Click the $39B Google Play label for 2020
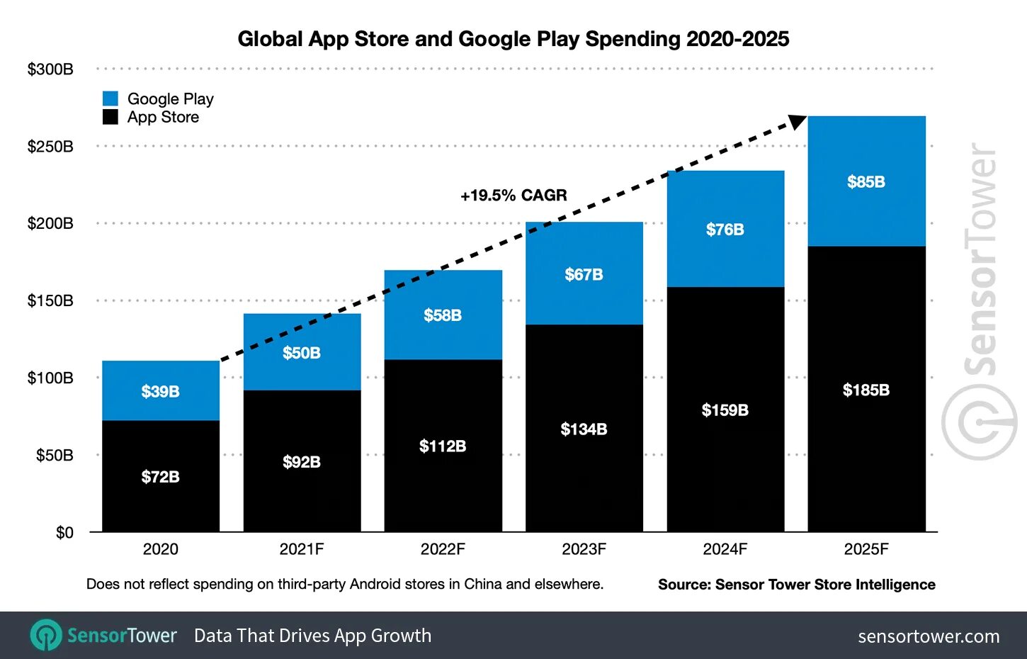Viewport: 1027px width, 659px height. click(160, 391)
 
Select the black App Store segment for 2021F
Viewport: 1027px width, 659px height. click(302, 461)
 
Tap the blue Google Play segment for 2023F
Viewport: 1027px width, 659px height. click(584, 274)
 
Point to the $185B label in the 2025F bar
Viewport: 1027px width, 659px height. click(866, 390)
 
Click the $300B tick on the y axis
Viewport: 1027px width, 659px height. click(50, 69)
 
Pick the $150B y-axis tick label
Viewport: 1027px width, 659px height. click(50, 300)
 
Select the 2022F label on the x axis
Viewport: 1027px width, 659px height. click(443, 549)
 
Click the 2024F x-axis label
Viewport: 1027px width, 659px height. click(725, 549)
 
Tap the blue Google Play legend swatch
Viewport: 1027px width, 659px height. click(110, 98)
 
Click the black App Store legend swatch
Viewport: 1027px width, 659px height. click(110, 117)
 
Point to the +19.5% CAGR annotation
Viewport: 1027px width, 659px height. click(513, 196)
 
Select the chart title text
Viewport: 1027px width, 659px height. click(513, 39)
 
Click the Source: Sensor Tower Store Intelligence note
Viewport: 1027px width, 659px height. click(796, 585)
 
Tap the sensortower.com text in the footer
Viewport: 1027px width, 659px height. click(929, 636)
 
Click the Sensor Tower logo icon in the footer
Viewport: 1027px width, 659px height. click(47, 635)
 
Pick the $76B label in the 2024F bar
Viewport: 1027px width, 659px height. click(725, 230)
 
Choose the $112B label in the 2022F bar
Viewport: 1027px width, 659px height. click(443, 446)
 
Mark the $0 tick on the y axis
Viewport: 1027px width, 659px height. click(64, 533)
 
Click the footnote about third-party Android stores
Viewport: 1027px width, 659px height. click(345, 585)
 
